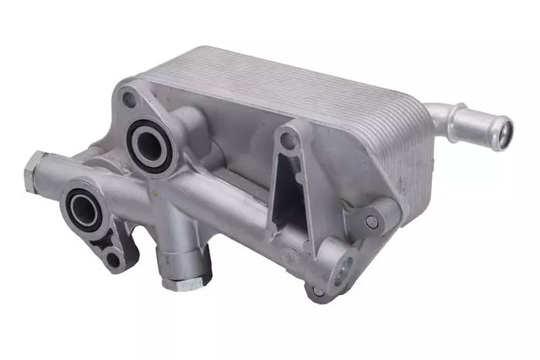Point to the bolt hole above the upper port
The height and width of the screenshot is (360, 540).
click(x=129, y=99)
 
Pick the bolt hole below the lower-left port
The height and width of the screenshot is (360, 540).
click(x=112, y=259)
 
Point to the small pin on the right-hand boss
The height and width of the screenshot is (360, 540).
click(x=370, y=221)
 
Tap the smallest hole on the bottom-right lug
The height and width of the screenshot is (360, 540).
click(x=318, y=292)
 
